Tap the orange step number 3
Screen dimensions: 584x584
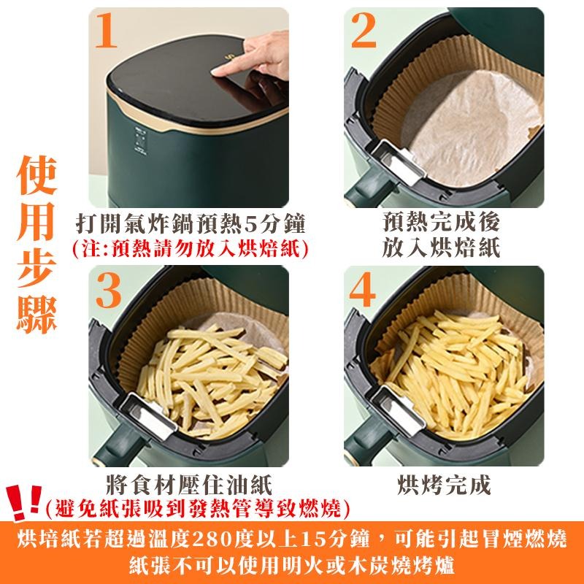[x=108, y=290]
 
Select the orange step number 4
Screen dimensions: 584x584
[x=363, y=290]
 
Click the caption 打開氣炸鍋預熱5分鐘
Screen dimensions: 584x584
[x=191, y=223]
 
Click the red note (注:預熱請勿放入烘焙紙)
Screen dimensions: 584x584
[x=191, y=246]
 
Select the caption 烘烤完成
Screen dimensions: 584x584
[x=444, y=484]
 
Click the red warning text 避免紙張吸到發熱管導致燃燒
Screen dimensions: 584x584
[x=197, y=506]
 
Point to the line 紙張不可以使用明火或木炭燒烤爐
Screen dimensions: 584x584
[x=292, y=566]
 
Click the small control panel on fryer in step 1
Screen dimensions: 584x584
[x=141, y=140]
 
